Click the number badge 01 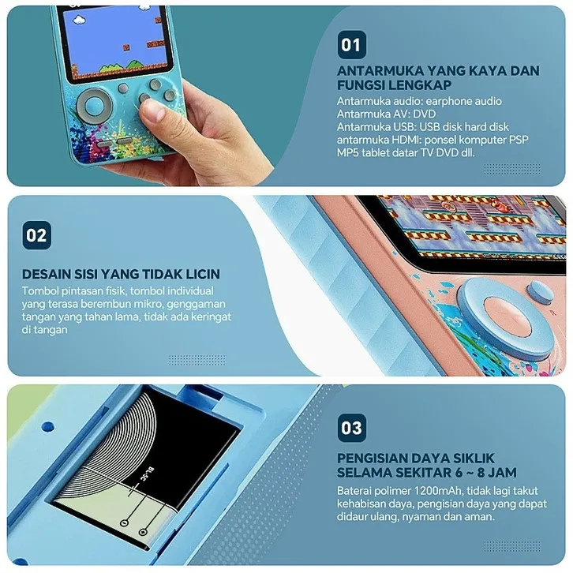pos(351,45)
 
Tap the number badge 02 pos(36,235)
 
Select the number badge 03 pos(351,428)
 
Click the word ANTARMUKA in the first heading pos(380,70)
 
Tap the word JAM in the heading pos(503,473)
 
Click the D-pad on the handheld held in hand pos(94,106)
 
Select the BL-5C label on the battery pos(146,474)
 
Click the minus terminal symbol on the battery pos(125,523)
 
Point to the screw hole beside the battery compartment pos(48,426)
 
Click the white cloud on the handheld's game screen pos(79,20)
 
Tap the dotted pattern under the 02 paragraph pos(197,360)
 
